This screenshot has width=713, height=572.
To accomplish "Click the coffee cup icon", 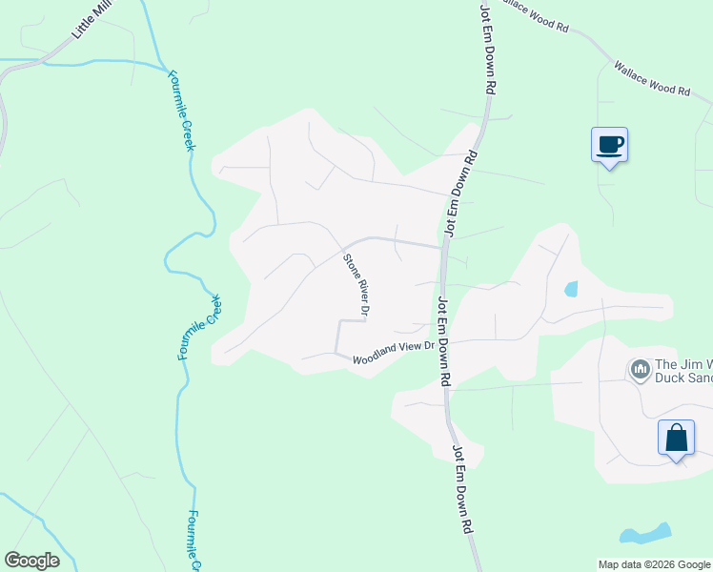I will [x=609, y=146].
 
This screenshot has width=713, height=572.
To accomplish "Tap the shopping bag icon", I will [x=676, y=439].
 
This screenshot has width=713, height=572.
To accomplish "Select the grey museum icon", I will [x=640, y=368].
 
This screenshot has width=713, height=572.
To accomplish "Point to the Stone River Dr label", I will [x=356, y=284].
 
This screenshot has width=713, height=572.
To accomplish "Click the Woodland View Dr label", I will [x=393, y=353].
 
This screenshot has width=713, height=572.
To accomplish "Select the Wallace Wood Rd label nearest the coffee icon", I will [x=652, y=79].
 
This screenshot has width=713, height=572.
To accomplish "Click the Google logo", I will [x=31, y=561].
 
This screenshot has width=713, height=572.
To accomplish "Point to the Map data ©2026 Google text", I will [x=654, y=564].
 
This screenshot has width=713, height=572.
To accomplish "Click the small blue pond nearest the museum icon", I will [x=571, y=288].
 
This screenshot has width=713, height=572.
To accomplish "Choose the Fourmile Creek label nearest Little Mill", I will [x=181, y=110].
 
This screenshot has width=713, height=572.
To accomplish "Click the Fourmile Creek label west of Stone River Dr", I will [x=201, y=327].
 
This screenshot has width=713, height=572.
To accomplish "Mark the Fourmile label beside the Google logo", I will [x=193, y=540].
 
